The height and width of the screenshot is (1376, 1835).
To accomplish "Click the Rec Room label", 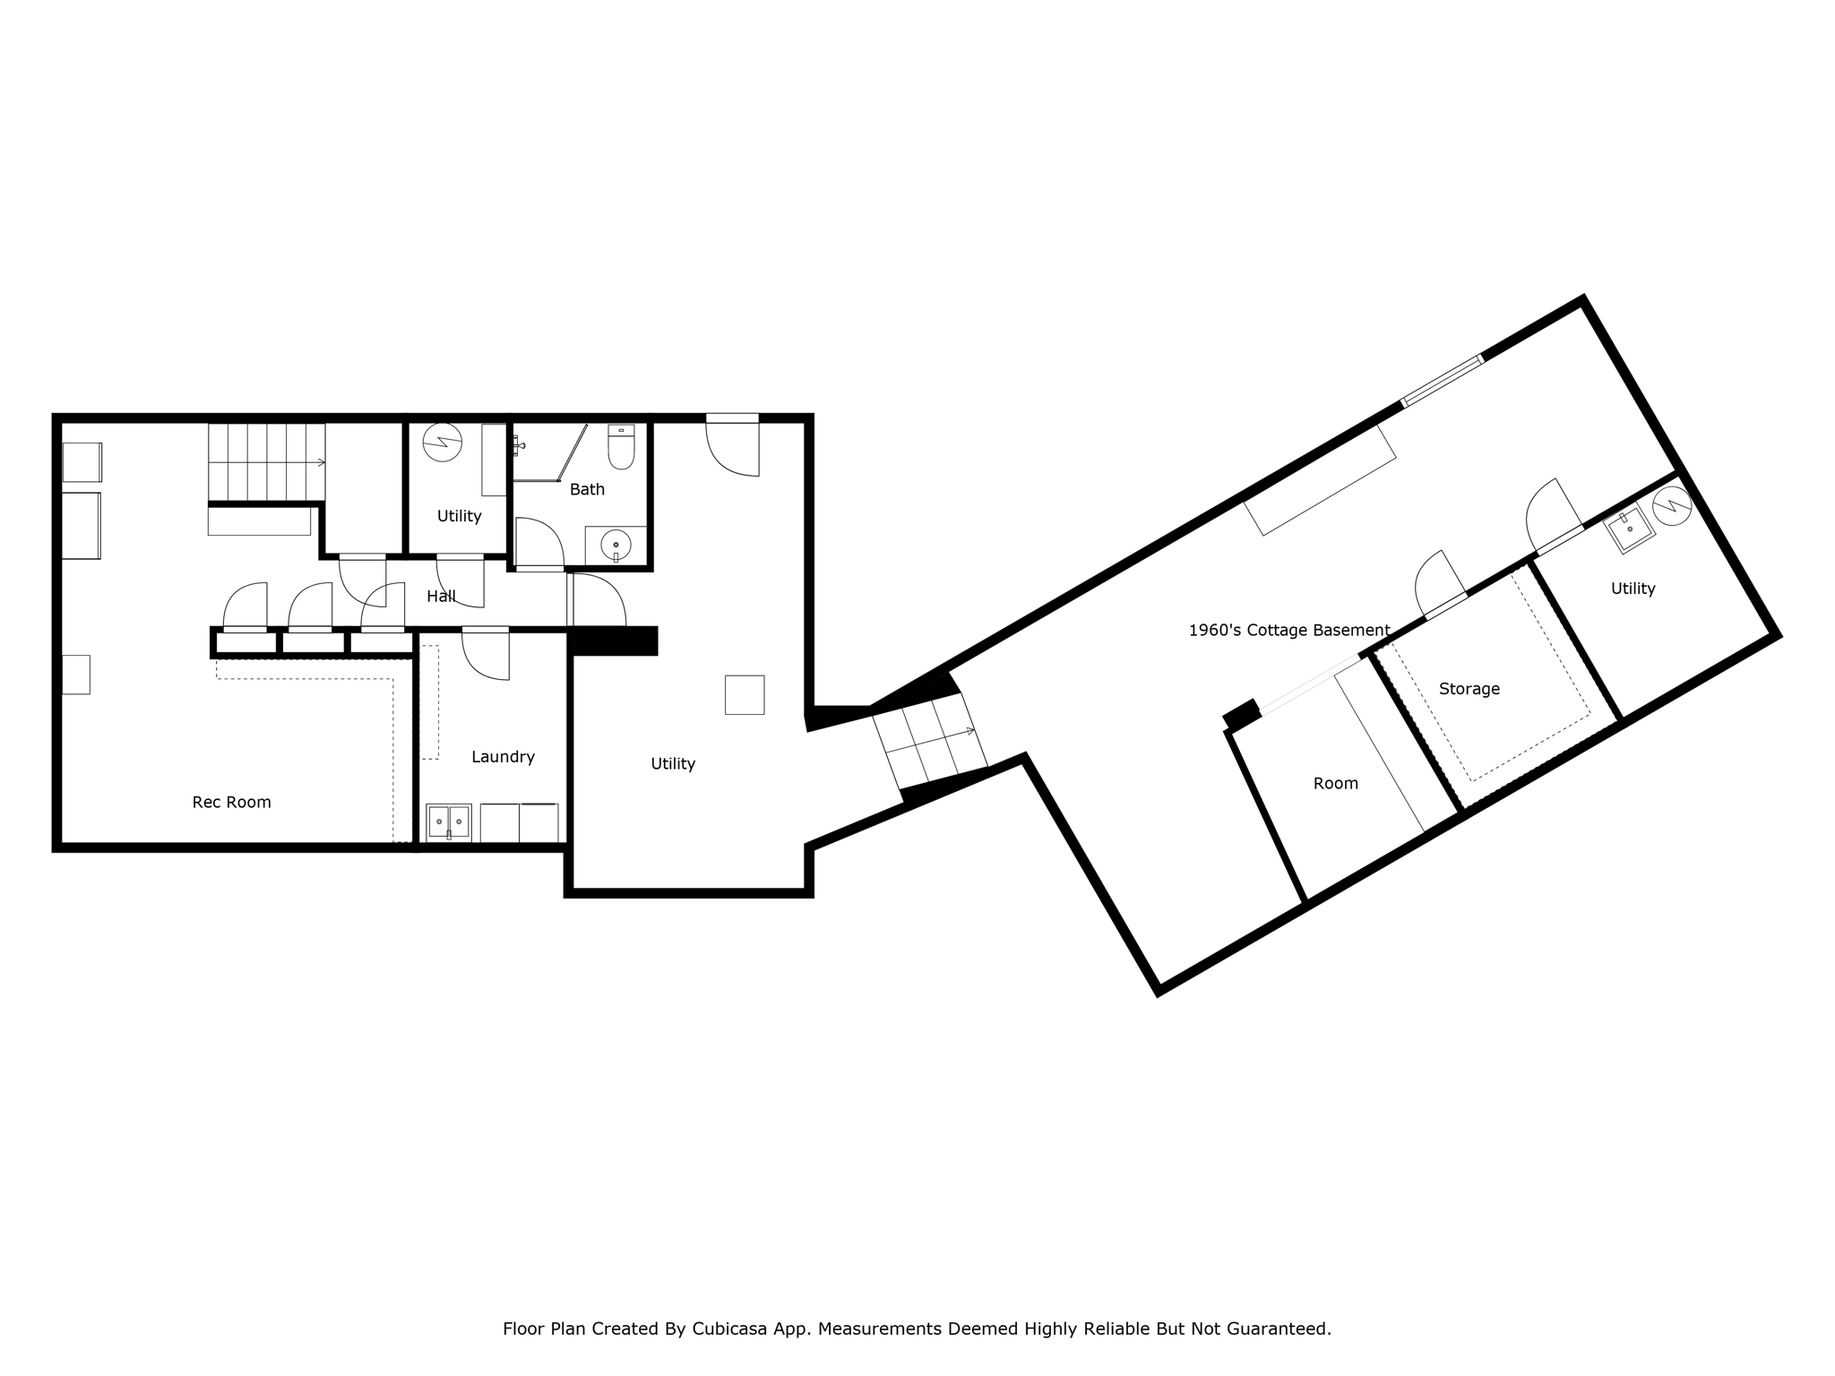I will click(231, 802).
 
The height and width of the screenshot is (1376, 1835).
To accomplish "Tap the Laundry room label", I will click(503, 757).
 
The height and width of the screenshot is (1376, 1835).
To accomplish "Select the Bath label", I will click(587, 489).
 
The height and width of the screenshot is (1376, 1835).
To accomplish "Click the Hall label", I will click(441, 596).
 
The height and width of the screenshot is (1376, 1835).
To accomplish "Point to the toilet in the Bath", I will click(621, 447).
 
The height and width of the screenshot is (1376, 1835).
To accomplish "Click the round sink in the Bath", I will click(616, 544).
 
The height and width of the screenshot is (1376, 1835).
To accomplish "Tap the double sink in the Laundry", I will click(448, 821).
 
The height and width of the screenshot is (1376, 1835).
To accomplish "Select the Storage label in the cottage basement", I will click(1469, 689).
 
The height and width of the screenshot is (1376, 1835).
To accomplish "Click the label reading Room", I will click(1335, 783).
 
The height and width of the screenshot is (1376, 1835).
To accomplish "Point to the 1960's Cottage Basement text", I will click(1288, 631).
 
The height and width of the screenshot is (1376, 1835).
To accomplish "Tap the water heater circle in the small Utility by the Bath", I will click(442, 442).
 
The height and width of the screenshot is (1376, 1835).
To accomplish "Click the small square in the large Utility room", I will click(744, 694).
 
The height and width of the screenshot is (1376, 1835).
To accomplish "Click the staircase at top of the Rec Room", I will click(266, 462).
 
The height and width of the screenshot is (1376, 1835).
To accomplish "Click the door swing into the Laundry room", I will click(487, 654).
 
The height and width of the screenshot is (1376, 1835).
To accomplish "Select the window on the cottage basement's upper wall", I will click(1442, 381).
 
